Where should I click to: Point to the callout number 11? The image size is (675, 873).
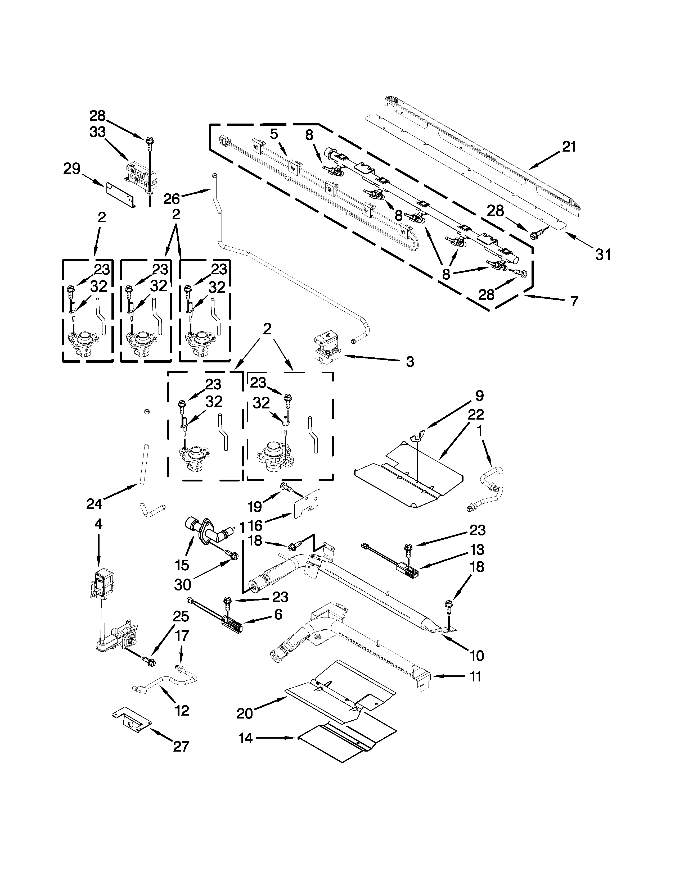click(476, 676)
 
